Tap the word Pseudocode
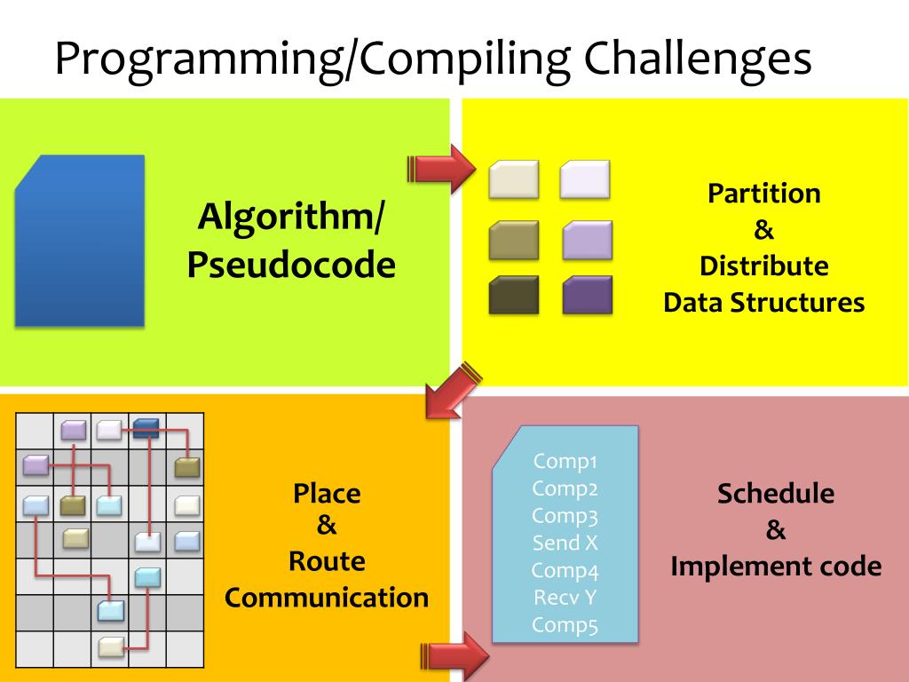pyautogui.click(x=290, y=265)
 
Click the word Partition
pyautogui.click(x=763, y=194)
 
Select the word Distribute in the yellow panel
pyautogui.click(x=763, y=266)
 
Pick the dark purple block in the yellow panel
pyautogui.click(x=587, y=296)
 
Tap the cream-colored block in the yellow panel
pyautogui.click(x=514, y=178)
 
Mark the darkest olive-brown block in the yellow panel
pyautogui.click(x=514, y=296)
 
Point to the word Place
pyautogui.click(x=327, y=493)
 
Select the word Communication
pyautogui.click(x=327, y=597)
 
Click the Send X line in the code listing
pyautogui.click(x=565, y=543)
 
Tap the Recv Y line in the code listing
pyautogui.click(x=565, y=598)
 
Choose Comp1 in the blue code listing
pyautogui.click(x=565, y=461)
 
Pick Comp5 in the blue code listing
pyautogui.click(x=565, y=625)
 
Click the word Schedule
pyautogui.click(x=776, y=494)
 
